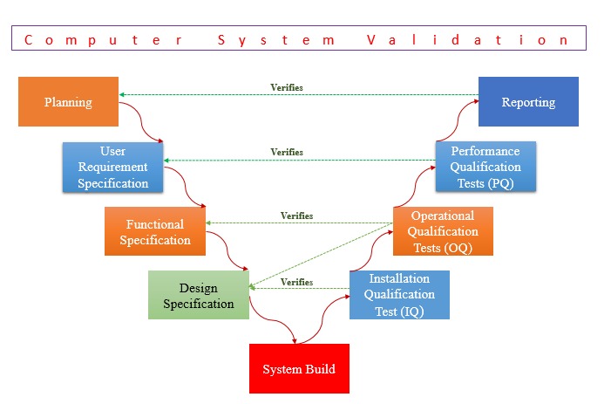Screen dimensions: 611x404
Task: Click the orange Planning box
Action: [68, 101]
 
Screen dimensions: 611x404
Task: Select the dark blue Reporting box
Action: [528, 101]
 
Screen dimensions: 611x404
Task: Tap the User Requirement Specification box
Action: [112, 167]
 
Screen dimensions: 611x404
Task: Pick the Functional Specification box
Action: [155, 231]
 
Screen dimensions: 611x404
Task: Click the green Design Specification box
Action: [199, 295]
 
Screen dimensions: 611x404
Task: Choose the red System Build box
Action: [299, 368]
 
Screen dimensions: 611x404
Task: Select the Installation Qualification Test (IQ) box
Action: [399, 295]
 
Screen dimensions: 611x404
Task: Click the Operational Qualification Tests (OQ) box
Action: [443, 231]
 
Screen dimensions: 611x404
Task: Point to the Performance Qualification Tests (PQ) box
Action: [485, 167]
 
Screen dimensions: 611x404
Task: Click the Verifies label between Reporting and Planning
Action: [287, 87]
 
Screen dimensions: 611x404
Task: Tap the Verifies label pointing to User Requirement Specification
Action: [287, 152]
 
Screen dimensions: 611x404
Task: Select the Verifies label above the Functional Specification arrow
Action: [297, 216]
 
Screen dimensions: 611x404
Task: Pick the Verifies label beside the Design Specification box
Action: [297, 282]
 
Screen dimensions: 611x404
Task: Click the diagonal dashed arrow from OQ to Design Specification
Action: [321, 256]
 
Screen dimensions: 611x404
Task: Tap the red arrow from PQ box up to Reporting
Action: [457, 121]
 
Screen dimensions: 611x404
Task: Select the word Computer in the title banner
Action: [103, 40]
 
